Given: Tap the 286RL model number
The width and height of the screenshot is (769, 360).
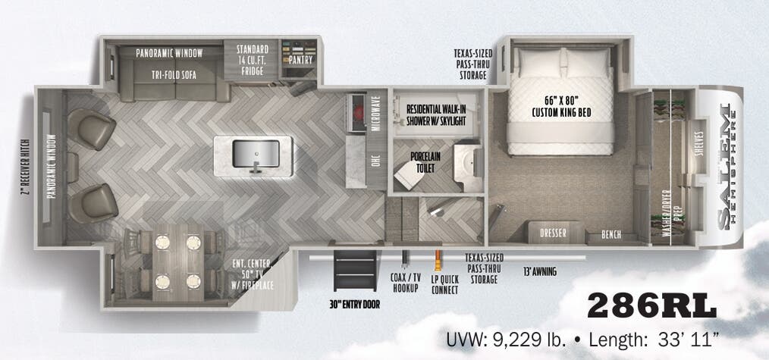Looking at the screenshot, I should (651, 305).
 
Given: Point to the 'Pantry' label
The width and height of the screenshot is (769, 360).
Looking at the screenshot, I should (300, 60).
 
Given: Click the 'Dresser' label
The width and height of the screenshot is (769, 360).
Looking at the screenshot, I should (552, 233).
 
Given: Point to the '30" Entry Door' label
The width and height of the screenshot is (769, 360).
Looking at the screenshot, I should (355, 304).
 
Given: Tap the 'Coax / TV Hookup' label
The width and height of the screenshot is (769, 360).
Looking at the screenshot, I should (405, 283).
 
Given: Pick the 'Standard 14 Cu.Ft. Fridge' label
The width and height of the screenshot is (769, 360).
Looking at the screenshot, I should (253, 56).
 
